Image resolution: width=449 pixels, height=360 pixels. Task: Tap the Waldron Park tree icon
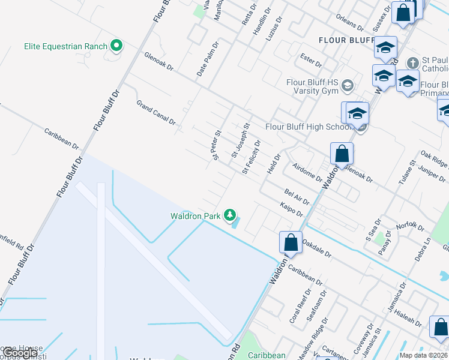pyautogui.click(x=229, y=215)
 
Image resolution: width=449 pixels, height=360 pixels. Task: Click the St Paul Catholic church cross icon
pyautogui.click(x=412, y=63)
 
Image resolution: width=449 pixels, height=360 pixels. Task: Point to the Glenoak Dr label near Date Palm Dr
pyautogui.click(x=158, y=61)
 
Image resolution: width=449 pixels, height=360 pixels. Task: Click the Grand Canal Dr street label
pyautogui.click(x=156, y=112)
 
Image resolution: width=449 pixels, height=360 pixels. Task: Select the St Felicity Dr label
pyautogui.click(x=252, y=157)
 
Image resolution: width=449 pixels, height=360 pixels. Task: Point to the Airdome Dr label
pyautogui.click(x=307, y=172)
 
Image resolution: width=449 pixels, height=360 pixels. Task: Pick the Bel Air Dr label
pyautogui.click(x=297, y=196)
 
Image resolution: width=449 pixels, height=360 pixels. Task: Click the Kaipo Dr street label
pyautogui.click(x=292, y=209)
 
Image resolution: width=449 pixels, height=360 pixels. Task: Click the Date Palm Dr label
pyautogui.click(x=208, y=59)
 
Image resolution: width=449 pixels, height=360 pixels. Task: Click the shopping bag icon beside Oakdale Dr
pyautogui.click(x=291, y=242)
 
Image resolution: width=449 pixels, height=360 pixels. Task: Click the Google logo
pyautogui.click(x=19, y=353)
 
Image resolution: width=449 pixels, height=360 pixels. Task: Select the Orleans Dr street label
pyautogui.click(x=350, y=23)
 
